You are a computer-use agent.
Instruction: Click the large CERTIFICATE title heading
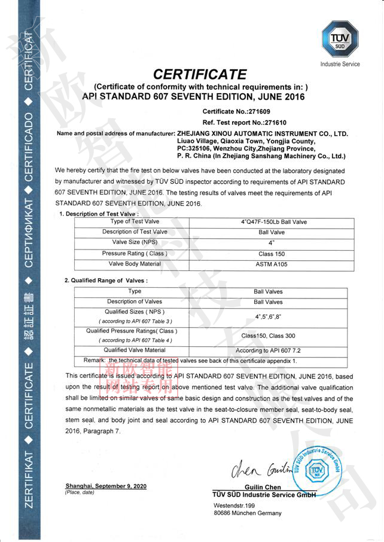coord(200,75)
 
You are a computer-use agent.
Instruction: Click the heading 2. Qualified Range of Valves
coord(106,280)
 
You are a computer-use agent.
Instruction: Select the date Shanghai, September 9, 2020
coord(106,486)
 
